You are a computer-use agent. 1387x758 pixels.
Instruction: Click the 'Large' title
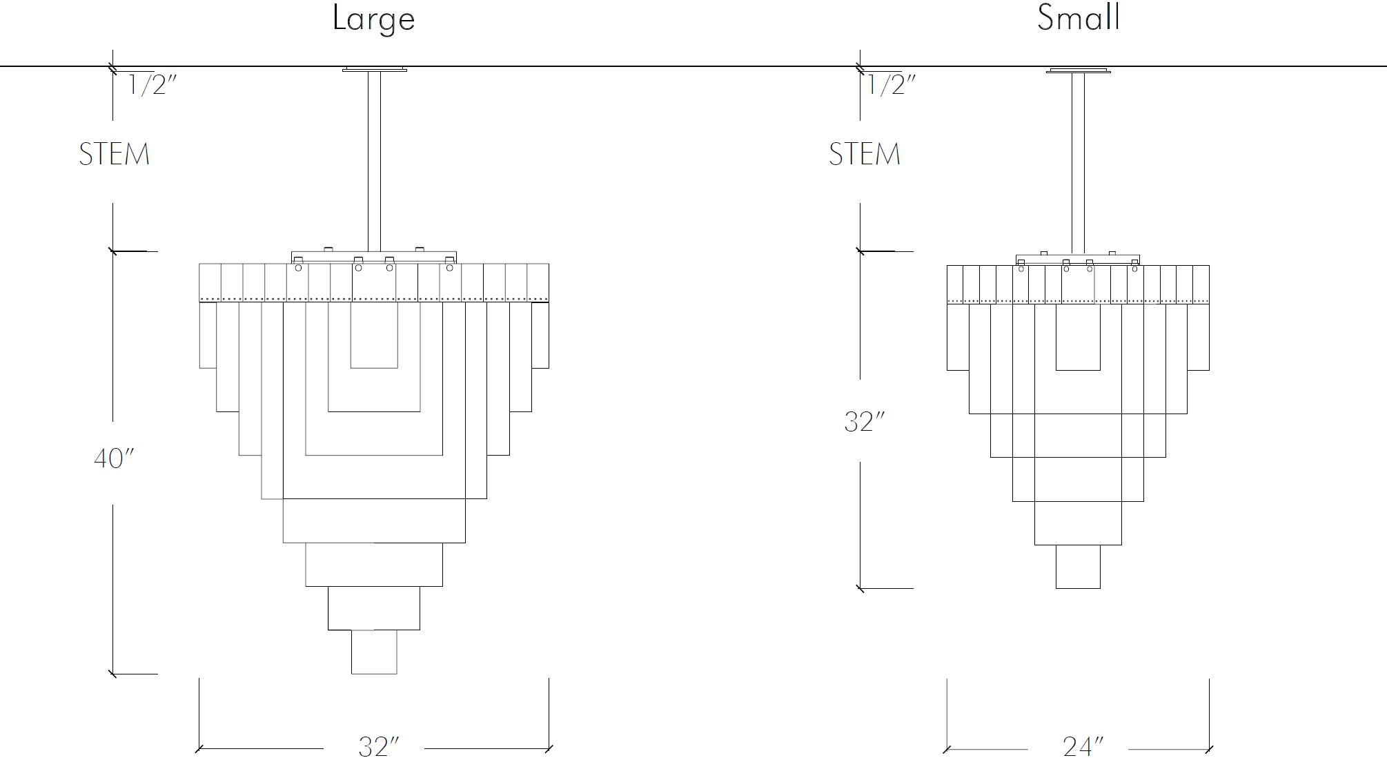point(373,19)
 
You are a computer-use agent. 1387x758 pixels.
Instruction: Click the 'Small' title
point(1079,17)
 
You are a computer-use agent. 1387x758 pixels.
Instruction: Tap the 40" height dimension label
point(114,458)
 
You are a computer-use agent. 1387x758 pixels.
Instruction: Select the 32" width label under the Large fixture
point(379,746)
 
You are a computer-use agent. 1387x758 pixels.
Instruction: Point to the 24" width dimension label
point(1083,746)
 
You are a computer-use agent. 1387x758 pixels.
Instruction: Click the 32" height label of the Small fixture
point(864,422)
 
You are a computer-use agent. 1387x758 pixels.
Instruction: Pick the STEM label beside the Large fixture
point(115,154)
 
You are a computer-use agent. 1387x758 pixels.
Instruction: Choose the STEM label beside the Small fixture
point(865,154)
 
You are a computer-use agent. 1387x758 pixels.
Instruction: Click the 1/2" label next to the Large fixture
point(153,85)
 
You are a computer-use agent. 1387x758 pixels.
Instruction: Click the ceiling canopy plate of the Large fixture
point(374,69)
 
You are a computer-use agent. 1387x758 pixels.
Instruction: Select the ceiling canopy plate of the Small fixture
point(1079,70)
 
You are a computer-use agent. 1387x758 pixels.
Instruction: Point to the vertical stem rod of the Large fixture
point(374,162)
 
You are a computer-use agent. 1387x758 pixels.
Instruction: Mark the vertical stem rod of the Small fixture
point(1078,164)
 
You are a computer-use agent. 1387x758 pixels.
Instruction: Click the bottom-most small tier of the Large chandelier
point(374,652)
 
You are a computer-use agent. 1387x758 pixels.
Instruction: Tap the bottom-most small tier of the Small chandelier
point(1078,567)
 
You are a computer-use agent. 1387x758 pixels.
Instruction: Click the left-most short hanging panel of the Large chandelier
point(208,335)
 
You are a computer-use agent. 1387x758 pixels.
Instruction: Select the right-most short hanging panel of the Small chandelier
point(1199,337)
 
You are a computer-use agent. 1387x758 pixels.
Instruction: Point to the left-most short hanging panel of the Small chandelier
point(958,337)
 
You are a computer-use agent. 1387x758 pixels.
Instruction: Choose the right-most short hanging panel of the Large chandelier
point(540,335)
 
